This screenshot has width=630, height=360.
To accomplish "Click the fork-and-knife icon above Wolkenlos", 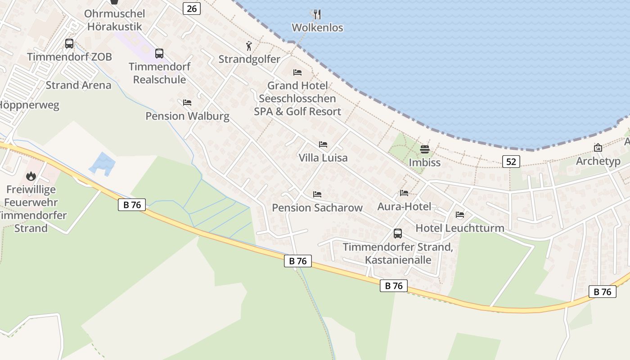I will click(317, 14).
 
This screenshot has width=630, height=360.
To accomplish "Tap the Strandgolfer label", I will click(249, 59).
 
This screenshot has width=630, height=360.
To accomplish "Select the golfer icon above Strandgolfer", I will click(249, 46).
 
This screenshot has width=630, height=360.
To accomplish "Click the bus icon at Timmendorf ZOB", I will click(69, 44).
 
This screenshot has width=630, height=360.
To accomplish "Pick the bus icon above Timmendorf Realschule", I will click(159, 54).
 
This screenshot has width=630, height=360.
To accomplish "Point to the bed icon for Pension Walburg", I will click(187, 103).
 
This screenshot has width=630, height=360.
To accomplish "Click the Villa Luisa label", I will click(323, 157).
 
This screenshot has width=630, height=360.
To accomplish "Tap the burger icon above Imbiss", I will click(425, 149).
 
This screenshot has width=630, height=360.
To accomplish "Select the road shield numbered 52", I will click(511, 161).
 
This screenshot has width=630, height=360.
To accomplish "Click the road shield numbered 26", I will click(192, 8).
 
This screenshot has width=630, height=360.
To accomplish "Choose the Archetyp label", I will click(598, 161).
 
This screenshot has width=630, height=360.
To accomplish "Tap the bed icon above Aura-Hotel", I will click(404, 193).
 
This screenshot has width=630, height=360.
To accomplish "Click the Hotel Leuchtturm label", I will click(459, 228).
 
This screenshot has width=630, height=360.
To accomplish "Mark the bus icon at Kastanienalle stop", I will click(398, 233).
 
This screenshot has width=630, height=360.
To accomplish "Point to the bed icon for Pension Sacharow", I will click(317, 194).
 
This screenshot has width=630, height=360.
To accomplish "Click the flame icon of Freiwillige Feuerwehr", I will click(31, 175).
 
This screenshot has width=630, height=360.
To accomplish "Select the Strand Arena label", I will click(78, 85).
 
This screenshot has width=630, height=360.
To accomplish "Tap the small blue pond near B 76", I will click(103, 163).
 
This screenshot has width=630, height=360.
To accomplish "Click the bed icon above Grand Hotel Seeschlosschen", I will click(297, 72).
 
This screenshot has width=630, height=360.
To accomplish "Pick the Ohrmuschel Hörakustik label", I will click(114, 20).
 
